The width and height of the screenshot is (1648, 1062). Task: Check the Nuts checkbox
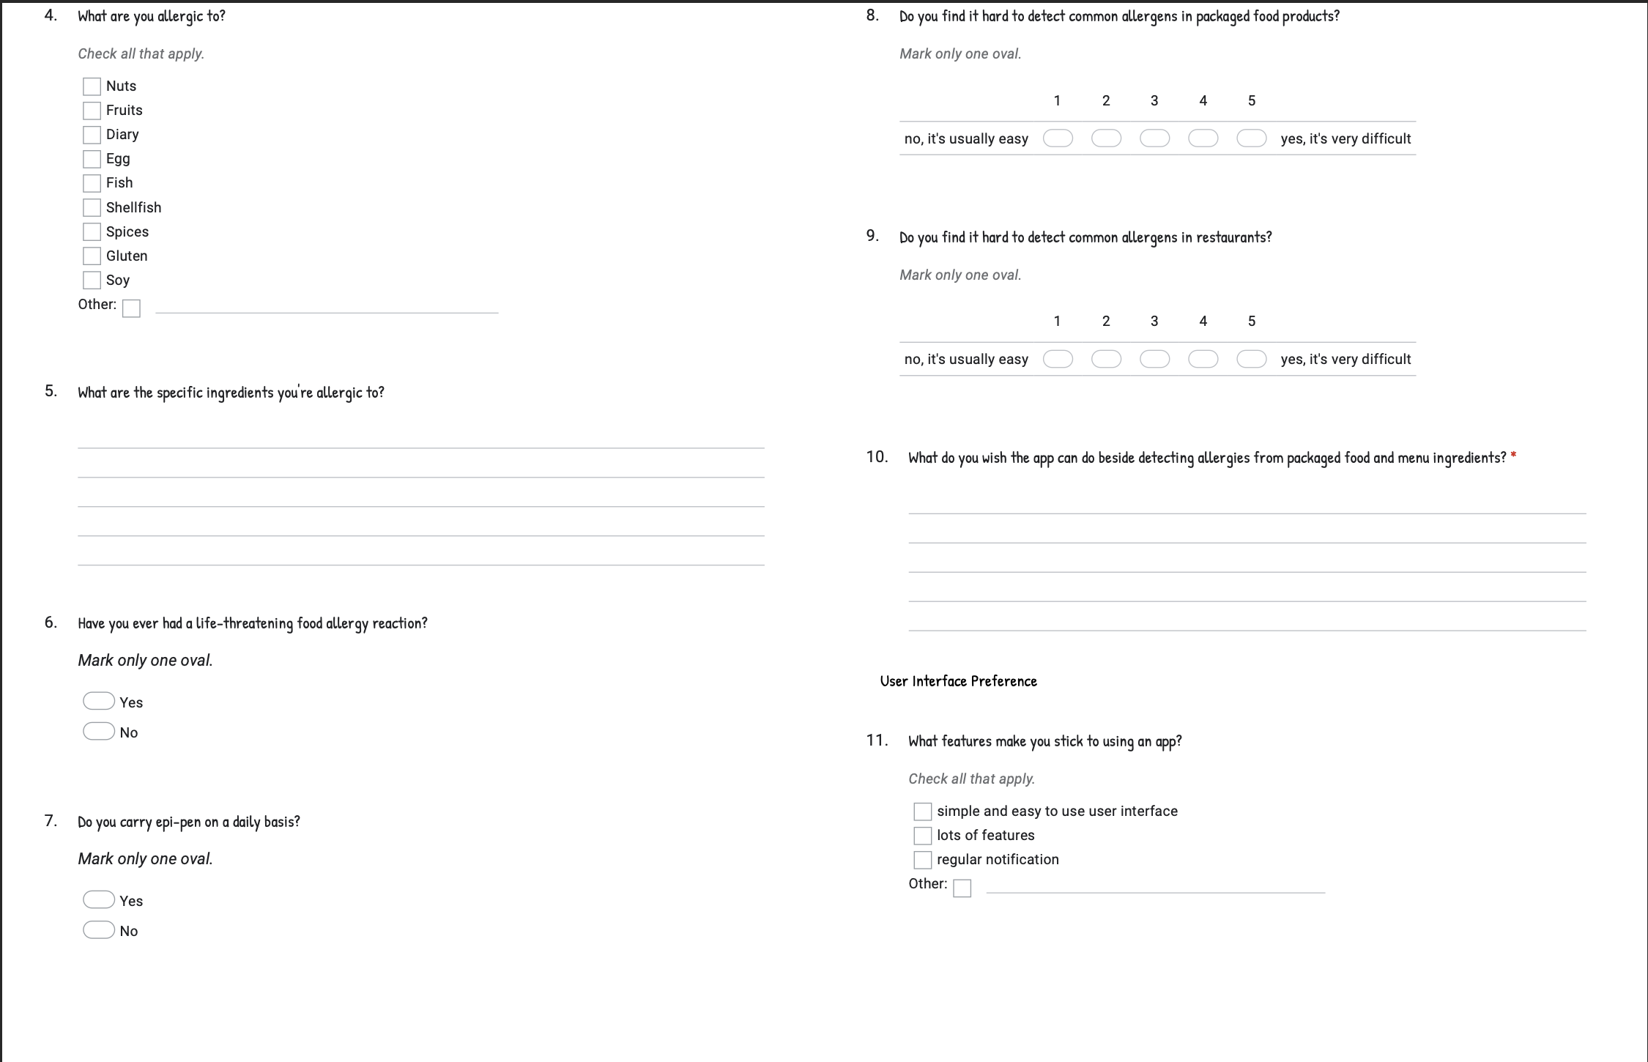(x=92, y=86)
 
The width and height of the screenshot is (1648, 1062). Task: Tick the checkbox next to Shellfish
(x=92, y=208)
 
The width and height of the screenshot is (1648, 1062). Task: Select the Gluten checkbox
(x=92, y=256)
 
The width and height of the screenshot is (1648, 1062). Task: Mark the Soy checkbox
(x=92, y=281)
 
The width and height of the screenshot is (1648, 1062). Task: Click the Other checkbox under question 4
(x=131, y=308)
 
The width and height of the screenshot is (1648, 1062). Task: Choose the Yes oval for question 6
(x=98, y=702)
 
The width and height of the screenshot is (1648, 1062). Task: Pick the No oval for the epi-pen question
(x=98, y=930)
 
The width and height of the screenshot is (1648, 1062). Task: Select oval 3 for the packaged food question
(x=1154, y=138)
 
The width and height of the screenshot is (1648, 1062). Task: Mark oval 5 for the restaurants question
(x=1251, y=359)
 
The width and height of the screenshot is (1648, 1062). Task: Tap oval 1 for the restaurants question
(x=1058, y=359)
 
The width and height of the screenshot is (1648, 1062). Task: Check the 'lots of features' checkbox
(x=923, y=836)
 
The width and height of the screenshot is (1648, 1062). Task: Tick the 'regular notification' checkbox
(x=923, y=860)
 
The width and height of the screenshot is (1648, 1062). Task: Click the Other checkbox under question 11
(x=962, y=888)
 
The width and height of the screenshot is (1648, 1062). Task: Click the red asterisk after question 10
(x=1513, y=456)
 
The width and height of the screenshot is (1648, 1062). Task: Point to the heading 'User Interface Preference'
(x=958, y=681)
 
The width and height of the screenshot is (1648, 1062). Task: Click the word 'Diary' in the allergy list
(x=122, y=135)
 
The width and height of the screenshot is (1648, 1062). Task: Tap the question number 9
(x=872, y=236)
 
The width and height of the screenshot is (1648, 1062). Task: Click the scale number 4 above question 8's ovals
(x=1203, y=101)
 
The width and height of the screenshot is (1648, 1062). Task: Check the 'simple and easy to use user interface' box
(x=923, y=812)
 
